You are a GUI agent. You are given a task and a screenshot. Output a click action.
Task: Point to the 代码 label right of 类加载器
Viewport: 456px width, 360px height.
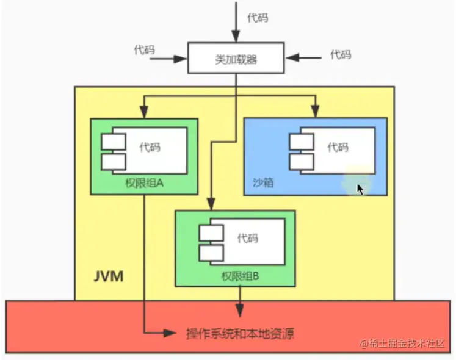(x=341, y=54)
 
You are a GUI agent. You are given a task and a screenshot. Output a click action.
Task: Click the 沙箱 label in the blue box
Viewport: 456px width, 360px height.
(x=263, y=182)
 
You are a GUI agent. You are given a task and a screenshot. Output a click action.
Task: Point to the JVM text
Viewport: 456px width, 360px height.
(x=109, y=276)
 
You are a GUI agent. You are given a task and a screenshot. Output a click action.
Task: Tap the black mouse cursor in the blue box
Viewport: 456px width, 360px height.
(x=360, y=189)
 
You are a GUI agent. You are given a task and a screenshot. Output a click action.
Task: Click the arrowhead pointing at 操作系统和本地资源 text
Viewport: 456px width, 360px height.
(x=172, y=333)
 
